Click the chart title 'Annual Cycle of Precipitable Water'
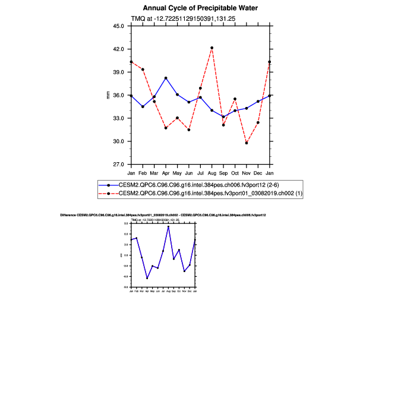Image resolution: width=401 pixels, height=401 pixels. tap(200, 8)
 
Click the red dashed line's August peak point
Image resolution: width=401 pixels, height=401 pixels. tap(212, 48)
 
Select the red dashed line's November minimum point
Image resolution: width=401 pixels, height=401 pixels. tap(247, 143)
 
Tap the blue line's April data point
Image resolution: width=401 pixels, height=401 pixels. tap(166, 78)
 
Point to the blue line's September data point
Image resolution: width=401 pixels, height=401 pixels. tap(223, 116)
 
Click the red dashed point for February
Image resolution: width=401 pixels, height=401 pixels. tap(143, 70)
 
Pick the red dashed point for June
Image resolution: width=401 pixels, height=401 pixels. tap(189, 130)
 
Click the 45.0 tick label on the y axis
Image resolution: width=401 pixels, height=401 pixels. tap(118, 26)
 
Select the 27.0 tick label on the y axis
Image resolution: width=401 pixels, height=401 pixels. tap(118, 165)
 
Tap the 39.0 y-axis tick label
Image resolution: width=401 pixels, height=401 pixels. tap(118, 72)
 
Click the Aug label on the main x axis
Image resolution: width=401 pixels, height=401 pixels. tap(212, 172)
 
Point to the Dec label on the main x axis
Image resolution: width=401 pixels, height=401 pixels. tap(258, 172)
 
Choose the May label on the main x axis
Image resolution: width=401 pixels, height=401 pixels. tap(177, 172)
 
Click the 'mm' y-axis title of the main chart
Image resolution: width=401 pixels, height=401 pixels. tap(108, 95)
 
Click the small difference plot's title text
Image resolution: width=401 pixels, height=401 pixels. tap(163, 214)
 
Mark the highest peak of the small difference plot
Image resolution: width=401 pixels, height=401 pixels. tap(168, 226)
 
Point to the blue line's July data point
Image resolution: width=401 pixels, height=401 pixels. tap(200, 97)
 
